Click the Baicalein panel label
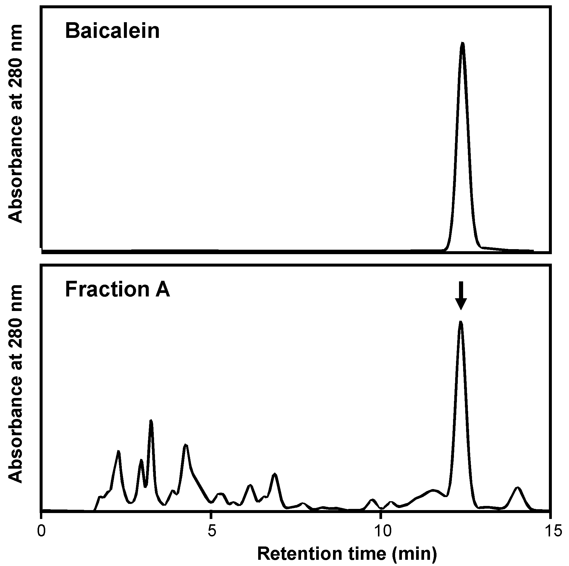tap(112, 31)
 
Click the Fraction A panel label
tap(117, 289)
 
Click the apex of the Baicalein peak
tap(463, 43)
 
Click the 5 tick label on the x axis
tap(211, 531)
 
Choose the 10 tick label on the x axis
tap(381, 531)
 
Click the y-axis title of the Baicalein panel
tap(16, 123)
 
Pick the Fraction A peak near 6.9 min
tap(275, 474)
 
